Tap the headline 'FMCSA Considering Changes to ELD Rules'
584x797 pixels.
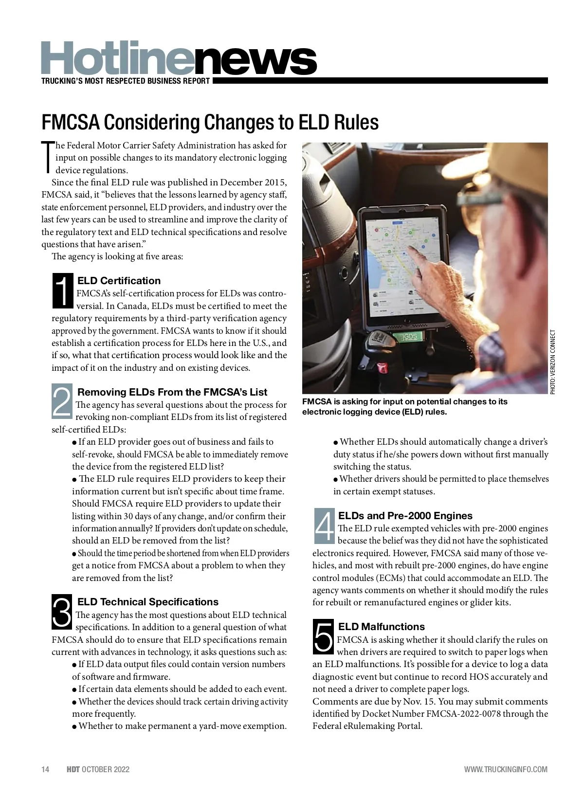210,122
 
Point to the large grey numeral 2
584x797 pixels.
62,402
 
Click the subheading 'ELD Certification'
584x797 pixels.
119,281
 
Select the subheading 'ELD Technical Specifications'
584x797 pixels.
148,602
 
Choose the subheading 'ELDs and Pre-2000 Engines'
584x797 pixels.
405,516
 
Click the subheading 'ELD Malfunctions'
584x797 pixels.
381,627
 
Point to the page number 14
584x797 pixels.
45,769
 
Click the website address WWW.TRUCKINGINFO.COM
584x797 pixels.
506,769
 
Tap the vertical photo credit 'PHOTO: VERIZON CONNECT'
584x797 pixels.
552,362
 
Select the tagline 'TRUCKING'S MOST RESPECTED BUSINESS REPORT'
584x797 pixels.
126,81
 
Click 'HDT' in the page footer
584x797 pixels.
73,769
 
